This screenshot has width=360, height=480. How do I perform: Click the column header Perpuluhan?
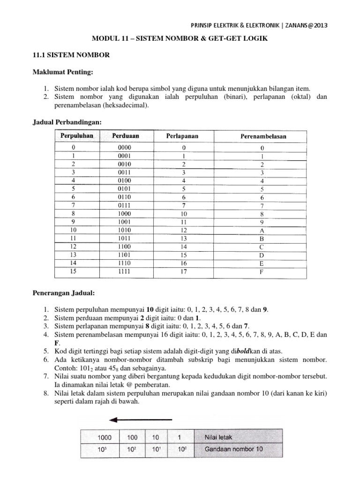pos(77,135)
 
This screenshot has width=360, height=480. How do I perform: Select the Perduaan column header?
pos(126,135)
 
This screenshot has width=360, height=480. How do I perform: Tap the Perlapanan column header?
pos(182,136)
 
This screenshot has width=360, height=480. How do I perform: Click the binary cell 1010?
pos(125,231)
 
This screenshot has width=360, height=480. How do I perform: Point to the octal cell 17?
pos(184,271)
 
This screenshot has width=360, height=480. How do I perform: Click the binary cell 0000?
pos(125,148)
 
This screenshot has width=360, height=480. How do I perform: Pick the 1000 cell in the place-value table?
pos(105,437)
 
